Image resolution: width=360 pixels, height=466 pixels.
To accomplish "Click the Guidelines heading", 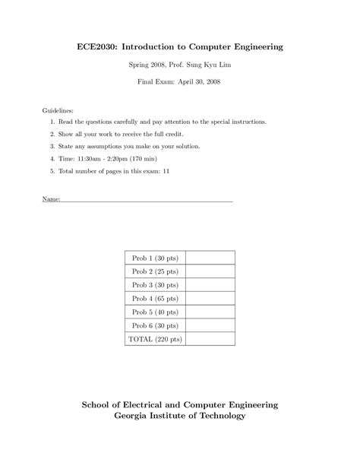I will (x=58, y=111).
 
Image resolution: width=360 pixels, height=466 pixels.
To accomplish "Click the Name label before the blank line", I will (x=51, y=200).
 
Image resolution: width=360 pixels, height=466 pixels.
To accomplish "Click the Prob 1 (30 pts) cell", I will (x=155, y=258).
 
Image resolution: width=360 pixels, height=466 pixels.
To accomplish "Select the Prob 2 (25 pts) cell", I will (x=155, y=271).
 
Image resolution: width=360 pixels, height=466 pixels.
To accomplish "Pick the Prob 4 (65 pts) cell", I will (x=155, y=298).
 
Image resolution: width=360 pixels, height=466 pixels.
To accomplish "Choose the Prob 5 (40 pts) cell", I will (x=155, y=312).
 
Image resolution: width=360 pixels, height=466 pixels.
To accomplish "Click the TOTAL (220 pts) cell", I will (x=155, y=339).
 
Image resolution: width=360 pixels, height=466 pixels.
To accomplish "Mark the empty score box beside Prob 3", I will (x=210, y=285).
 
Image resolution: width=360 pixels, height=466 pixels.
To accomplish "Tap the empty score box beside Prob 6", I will (x=210, y=325).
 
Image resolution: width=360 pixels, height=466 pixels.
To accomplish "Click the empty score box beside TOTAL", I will (x=210, y=339).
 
